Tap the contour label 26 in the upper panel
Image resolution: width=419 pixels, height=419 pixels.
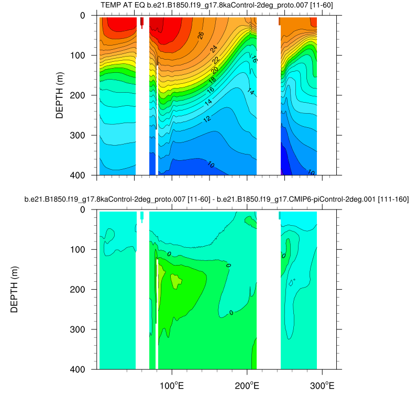(201, 35)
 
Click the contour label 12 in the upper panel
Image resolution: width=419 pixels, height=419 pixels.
(207, 119)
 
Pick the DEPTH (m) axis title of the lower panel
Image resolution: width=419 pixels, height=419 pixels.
(14, 289)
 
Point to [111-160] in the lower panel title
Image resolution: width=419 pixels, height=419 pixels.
(390, 200)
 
